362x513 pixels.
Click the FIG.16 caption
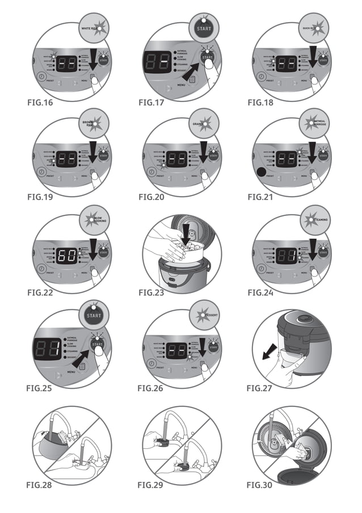(x=41, y=104)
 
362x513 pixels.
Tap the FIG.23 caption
(x=152, y=293)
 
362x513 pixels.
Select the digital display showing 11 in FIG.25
(x=48, y=350)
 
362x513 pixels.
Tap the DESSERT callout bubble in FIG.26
(x=204, y=313)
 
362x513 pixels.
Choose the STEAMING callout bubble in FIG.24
(x=313, y=218)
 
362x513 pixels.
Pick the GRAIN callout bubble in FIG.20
(x=204, y=123)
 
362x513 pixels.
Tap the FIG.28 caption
(x=41, y=485)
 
